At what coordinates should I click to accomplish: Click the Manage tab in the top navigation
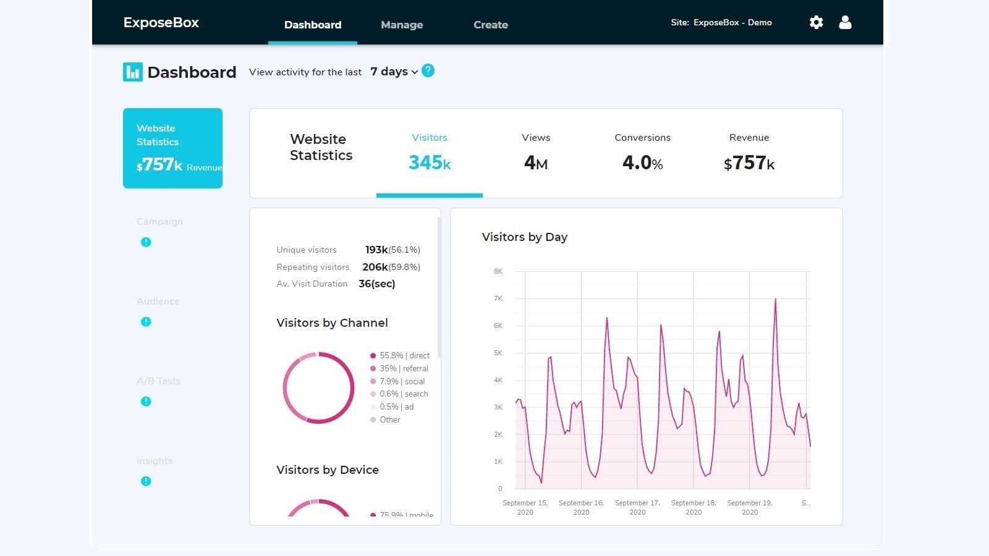point(402,25)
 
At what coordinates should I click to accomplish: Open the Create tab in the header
point(491,25)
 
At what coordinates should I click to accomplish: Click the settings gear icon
point(816,23)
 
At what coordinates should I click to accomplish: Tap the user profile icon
point(845,23)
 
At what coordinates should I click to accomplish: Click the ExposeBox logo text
point(161,23)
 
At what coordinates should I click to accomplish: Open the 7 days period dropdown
point(394,72)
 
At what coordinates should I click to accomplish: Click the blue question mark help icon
point(428,71)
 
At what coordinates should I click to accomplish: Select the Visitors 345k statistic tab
point(430,153)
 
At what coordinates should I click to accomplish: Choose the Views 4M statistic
point(536,153)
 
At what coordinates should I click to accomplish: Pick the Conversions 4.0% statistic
point(642,153)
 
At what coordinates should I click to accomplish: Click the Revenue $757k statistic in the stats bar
point(749,153)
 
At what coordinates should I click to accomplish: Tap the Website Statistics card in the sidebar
point(172,148)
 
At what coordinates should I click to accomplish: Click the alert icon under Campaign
point(146,242)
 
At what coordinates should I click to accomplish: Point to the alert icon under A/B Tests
point(146,402)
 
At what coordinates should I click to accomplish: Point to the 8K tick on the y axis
point(498,271)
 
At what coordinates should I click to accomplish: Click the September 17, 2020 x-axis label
point(637,507)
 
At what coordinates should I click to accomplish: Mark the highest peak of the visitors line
point(775,300)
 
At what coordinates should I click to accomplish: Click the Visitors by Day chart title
point(524,237)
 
